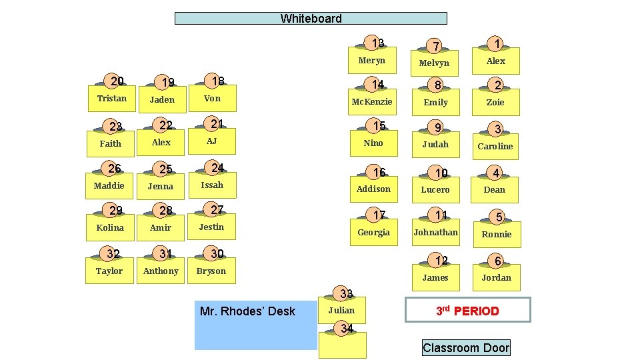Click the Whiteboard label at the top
tap(311, 19)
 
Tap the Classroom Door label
tap(466, 347)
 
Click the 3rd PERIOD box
tap(467, 311)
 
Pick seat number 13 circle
tap(378, 43)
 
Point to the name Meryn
tap(371, 61)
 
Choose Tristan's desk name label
tap(111, 98)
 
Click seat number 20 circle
tap(117, 81)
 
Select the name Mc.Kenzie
tap(372, 102)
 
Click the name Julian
tap(341, 310)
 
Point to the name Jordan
tap(496, 277)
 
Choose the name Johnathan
tap(435, 233)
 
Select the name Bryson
tap(211, 271)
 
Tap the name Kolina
tap(110, 227)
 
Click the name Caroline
tap(496, 146)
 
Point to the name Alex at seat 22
tap(161, 142)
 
